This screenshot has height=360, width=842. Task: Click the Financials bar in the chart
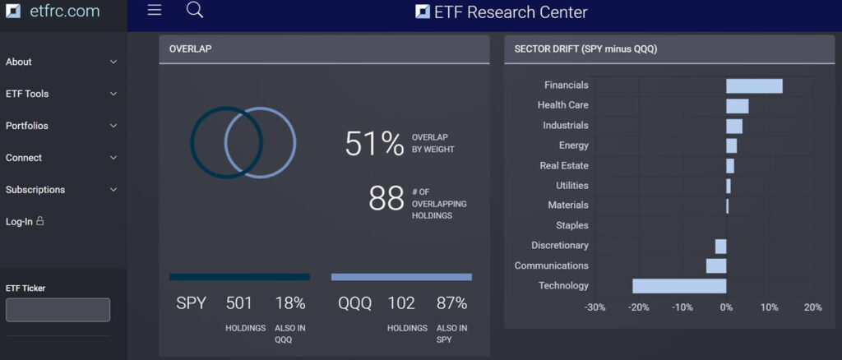(754, 85)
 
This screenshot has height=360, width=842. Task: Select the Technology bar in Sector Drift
(679, 286)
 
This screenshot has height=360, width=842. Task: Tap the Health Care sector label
(562, 105)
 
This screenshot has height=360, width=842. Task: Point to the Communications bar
(716, 265)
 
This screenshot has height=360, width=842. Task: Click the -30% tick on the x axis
(594, 307)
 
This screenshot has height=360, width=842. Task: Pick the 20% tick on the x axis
(812, 307)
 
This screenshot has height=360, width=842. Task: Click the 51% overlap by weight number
(374, 144)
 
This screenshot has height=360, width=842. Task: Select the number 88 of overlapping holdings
(386, 198)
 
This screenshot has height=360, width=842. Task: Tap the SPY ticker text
(191, 303)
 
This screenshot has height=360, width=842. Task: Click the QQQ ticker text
(354, 303)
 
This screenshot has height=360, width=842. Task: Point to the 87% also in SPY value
(452, 303)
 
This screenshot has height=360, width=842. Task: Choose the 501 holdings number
(238, 303)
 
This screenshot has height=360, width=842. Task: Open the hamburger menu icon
(154, 10)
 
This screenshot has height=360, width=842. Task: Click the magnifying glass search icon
(195, 10)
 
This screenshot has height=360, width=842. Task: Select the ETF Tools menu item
(27, 94)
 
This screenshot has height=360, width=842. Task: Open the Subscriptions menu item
(35, 190)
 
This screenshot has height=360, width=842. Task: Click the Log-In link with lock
(25, 222)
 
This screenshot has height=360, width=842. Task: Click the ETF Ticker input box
(58, 310)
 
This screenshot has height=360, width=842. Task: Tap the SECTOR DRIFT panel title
(585, 49)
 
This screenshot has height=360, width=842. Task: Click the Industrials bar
(734, 126)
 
